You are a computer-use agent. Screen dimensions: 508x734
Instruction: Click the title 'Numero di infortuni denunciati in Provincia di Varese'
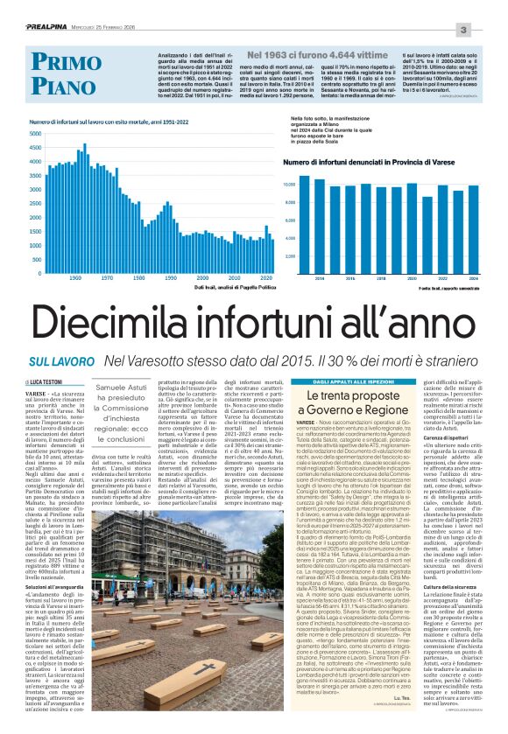coord(363,162)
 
